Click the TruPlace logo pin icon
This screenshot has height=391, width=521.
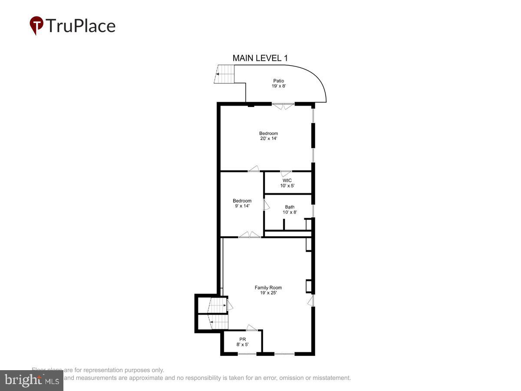pyautogui.click(x=36, y=25)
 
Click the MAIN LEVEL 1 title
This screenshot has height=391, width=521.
pyautogui.click(x=260, y=58)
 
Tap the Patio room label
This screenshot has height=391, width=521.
pyautogui.click(x=278, y=80)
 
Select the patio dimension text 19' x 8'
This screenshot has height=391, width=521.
pyautogui.click(x=278, y=86)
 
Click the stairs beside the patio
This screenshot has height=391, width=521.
pyautogui.click(x=225, y=74)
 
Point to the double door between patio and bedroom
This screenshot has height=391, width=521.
pyautogui.click(x=283, y=106)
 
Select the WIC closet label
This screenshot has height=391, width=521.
pyautogui.click(x=287, y=180)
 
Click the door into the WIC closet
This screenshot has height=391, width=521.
pyautogui.click(x=286, y=174)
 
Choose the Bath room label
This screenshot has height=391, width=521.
pyautogui.click(x=290, y=207)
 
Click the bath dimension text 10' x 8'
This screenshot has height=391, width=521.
pyautogui.click(x=290, y=212)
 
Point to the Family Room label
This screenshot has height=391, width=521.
pyautogui.click(x=268, y=287)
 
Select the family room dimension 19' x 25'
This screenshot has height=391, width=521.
pyautogui.click(x=268, y=293)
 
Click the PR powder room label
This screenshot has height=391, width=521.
pyautogui.click(x=242, y=338)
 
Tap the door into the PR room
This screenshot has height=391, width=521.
pyautogui.click(x=252, y=328)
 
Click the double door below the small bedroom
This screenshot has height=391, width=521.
pyautogui.click(x=250, y=235)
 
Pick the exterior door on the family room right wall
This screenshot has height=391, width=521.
pyautogui.click(x=310, y=301)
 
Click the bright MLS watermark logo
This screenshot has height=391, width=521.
pyautogui.click(x=31, y=381)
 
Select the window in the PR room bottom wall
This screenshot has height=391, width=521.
pyautogui.click(x=247, y=354)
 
